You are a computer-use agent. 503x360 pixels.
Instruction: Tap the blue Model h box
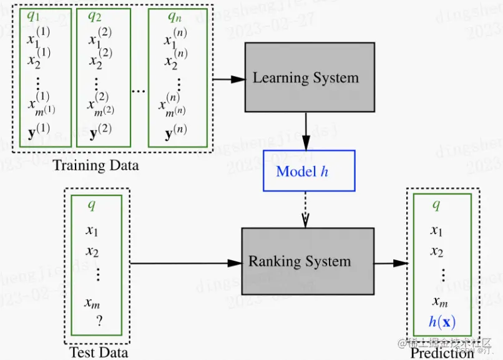(308, 171)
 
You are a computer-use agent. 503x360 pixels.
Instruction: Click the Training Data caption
(95, 166)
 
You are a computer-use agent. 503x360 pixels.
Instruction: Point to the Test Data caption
(98, 353)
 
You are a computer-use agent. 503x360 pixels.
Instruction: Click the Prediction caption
(442, 353)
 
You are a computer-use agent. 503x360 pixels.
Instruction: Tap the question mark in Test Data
(99, 321)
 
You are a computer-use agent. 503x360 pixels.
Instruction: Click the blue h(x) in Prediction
(442, 323)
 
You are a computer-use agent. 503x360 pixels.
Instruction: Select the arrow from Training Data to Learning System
(229, 79)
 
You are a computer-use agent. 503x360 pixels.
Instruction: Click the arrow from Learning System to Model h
(306, 132)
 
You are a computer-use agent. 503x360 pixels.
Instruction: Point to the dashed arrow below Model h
(306, 209)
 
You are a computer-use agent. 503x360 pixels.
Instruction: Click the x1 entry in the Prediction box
(437, 231)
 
